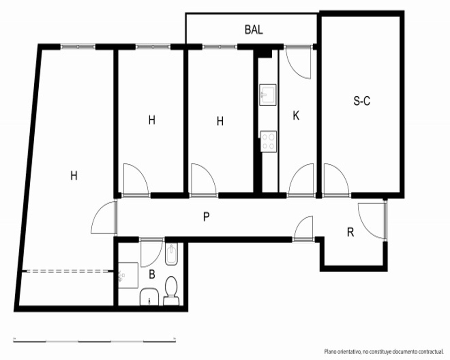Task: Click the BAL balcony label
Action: coord(254,30)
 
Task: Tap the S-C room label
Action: coord(362,101)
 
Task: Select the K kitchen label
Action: coord(296,116)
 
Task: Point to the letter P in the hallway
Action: coord(206,217)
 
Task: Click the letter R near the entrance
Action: coord(351,232)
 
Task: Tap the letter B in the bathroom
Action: coord(152,274)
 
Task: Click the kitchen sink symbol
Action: coord(268,95)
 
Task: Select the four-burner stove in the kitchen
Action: coord(268,142)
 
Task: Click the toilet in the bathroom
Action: coord(171,291)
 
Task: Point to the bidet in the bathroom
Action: coord(171,254)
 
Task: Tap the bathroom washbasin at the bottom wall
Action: coord(149,297)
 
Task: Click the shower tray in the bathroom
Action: coord(128,275)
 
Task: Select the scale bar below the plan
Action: coord(94,341)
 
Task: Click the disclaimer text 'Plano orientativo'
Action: coord(342,351)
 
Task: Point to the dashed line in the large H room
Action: coord(67,271)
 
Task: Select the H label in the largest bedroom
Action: coord(74,175)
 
